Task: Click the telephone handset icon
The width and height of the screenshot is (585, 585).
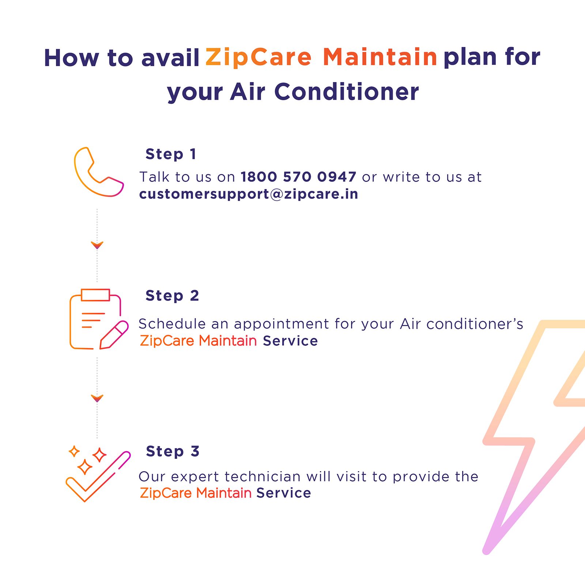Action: (x=98, y=172)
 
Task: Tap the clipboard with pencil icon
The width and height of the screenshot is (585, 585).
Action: (x=98, y=319)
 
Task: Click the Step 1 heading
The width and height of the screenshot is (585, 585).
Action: (x=171, y=154)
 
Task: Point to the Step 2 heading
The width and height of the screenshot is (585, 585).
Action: (x=172, y=295)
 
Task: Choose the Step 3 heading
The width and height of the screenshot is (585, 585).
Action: (x=173, y=451)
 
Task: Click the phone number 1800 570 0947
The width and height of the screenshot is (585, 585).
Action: (x=298, y=177)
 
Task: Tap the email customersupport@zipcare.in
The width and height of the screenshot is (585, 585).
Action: (x=249, y=194)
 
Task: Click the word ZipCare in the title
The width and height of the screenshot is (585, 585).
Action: (x=258, y=57)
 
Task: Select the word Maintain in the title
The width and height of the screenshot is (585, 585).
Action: (x=380, y=57)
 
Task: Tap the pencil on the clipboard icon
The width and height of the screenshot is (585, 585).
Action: (x=114, y=335)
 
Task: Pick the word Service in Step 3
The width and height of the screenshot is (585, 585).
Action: (x=283, y=493)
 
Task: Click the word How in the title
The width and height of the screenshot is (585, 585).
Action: (x=71, y=58)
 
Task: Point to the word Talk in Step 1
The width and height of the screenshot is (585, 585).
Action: (x=154, y=177)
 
